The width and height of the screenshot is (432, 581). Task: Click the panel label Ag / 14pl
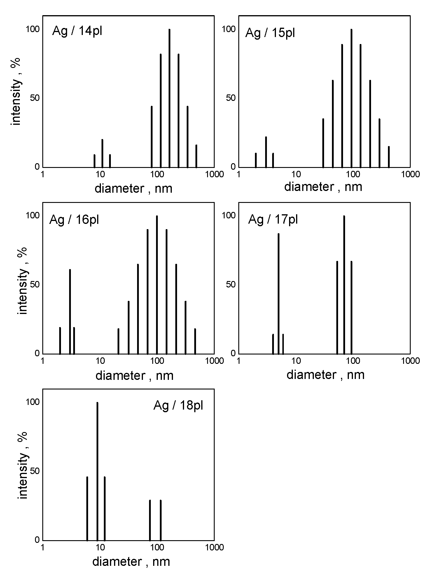click(77, 31)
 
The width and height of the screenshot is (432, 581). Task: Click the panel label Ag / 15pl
click(270, 33)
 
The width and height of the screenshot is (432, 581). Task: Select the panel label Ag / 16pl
click(74, 219)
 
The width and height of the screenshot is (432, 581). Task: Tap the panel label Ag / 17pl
click(273, 219)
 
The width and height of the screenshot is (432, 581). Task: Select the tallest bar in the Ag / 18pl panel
click(97, 471)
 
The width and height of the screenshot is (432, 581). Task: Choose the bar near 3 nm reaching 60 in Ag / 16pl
click(70, 311)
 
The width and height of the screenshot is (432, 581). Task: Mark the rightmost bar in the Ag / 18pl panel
click(160, 520)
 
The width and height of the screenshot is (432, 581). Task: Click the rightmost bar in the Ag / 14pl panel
click(196, 156)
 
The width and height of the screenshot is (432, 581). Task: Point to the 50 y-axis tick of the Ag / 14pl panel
click(35, 98)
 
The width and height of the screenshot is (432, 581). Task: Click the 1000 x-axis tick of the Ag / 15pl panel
click(410, 174)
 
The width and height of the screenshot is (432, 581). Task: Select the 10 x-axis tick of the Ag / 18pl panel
click(100, 547)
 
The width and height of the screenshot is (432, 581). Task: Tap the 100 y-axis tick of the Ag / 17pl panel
click(228, 215)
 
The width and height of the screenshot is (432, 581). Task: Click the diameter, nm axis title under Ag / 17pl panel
click(325, 375)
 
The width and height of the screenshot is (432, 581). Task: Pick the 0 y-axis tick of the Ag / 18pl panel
click(37, 539)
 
